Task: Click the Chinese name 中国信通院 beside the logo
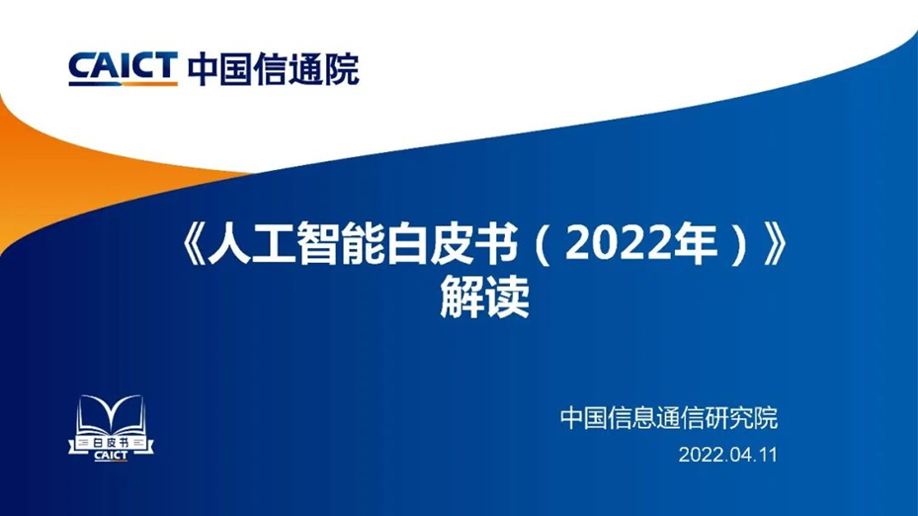click(x=273, y=69)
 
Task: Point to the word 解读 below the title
click(x=485, y=297)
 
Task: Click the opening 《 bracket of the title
click(x=193, y=244)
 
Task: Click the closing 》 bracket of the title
click(x=776, y=244)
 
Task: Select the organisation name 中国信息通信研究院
click(x=669, y=417)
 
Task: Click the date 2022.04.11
click(x=727, y=455)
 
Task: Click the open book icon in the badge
click(x=111, y=414)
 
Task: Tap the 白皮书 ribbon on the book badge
click(x=111, y=444)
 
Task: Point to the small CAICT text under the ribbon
click(x=111, y=456)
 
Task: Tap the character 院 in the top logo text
click(x=342, y=69)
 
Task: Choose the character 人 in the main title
click(x=229, y=244)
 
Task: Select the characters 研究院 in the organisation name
click(x=742, y=417)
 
